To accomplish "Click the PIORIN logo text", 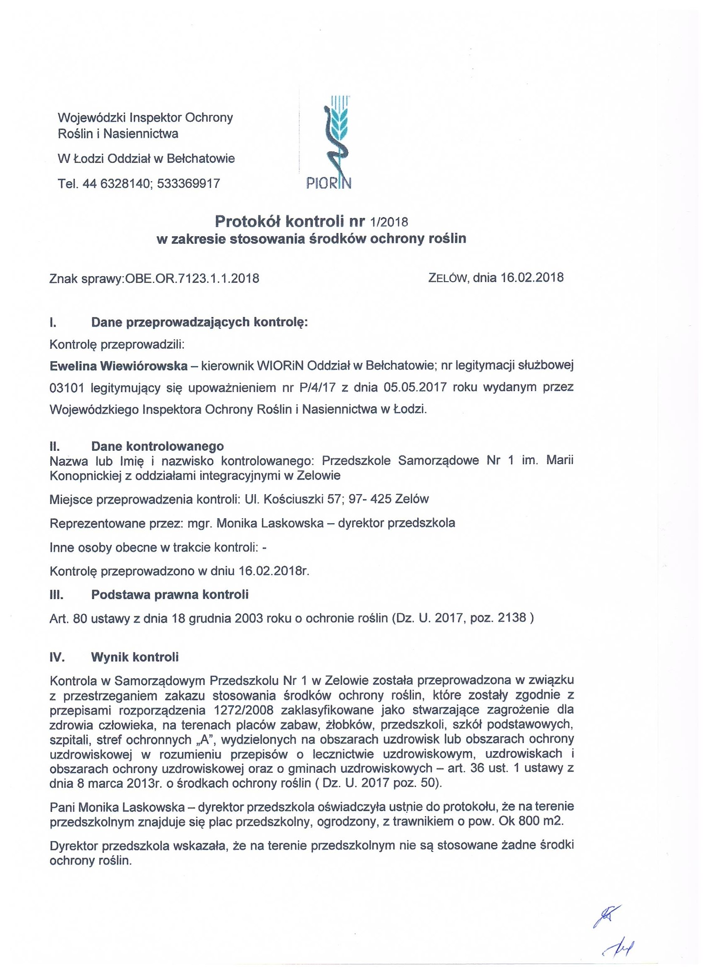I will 329,183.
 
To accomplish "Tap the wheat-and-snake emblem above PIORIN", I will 337,134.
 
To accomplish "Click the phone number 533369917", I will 189,183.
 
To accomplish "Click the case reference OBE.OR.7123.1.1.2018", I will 192,278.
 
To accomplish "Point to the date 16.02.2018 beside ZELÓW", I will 532,277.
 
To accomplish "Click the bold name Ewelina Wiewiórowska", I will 119,365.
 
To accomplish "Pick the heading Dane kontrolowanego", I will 157,446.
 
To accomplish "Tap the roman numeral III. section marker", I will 57,595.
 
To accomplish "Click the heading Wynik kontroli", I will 135,657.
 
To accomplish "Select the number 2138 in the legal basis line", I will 512,617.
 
